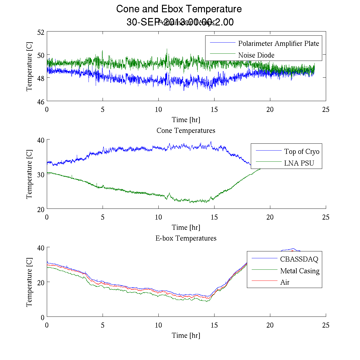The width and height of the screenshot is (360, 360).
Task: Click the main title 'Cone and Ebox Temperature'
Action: click(x=179, y=9)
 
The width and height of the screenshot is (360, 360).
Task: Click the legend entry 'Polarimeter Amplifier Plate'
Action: click(x=278, y=43)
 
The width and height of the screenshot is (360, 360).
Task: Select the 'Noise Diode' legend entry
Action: click(x=256, y=55)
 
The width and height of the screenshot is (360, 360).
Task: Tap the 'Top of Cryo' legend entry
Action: click(x=301, y=151)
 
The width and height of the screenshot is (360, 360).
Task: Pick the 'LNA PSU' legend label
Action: click(x=299, y=163)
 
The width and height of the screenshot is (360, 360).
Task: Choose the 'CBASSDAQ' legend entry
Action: click(x=299, y=259)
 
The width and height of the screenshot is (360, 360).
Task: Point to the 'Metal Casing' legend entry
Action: click(x=299, y=271)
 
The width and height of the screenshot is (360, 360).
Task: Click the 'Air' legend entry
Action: click(x=285, y=282)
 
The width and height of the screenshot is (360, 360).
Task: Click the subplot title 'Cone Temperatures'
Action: click(x=186, y=130)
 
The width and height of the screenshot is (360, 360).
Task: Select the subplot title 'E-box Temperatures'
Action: click(x=186, y=238)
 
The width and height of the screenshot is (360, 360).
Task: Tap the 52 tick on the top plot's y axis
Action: click(x=41, y=32)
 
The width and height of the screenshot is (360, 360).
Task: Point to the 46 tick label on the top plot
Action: click(x=41, y=102)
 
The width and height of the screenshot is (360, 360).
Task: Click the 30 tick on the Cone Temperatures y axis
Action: click(x=41, y=175)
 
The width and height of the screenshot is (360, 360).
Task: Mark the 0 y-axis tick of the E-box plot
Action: click(x=43, y=317)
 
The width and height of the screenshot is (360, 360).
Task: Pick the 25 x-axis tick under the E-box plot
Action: click(x=326, y=325)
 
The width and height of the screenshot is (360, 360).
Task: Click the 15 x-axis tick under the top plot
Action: click(x=214, y=109)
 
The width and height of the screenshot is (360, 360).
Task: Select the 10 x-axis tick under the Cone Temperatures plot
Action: click(x=158, y=217)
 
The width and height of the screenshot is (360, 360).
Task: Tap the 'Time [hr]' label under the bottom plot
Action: click(x=186, y=335)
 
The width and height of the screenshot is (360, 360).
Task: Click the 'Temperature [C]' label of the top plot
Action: click(x=29, y=66)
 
